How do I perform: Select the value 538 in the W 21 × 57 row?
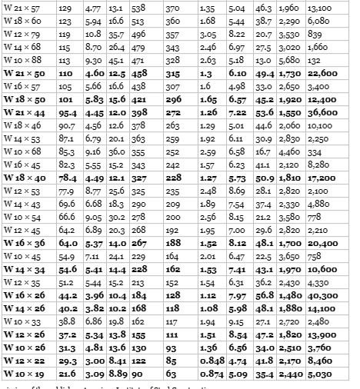coord(138,8)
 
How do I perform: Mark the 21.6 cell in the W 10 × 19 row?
coord(67,374)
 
